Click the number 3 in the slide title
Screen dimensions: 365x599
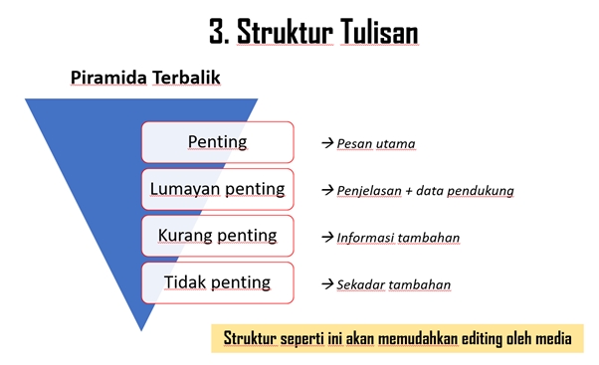click(218, 32)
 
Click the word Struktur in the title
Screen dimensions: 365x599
click(283, 32)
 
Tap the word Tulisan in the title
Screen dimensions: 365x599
click(376, 32)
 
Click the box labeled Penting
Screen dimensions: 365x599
click(217, 142)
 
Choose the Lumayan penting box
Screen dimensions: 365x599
click(217, 189)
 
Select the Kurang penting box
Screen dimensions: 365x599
click(217, 236)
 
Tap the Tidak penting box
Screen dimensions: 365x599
click(217, 282)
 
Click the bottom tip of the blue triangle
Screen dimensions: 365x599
click(142, 327)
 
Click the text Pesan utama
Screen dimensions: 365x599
click(376, 144)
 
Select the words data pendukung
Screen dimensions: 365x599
click(475, 191)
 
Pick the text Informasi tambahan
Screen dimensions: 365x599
click(398, 238)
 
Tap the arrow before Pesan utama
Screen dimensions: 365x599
click(326, 144)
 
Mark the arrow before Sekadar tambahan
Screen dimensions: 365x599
click(326, 285)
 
